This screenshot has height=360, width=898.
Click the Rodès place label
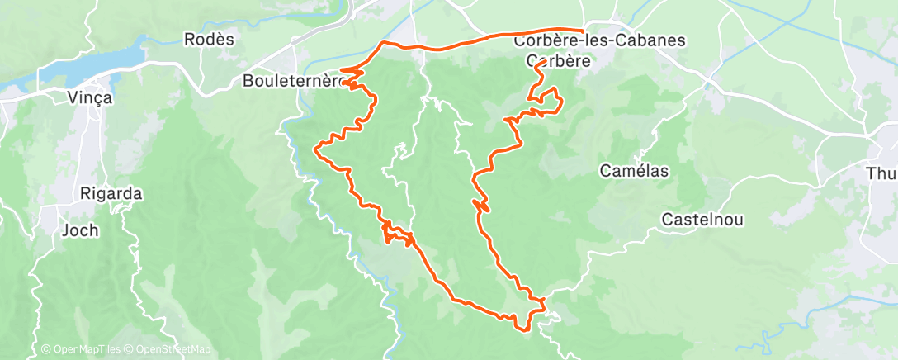(x=210, y=39)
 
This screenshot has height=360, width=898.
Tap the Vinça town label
(x=89, y=97)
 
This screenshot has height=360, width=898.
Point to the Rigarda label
(x=111, y=195)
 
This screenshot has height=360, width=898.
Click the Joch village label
(x=80, y=230)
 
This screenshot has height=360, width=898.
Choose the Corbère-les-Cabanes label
(x=588, y=40)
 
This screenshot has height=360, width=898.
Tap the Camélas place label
(x=634, y=171)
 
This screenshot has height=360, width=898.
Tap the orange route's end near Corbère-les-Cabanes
(x=583, y=31)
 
